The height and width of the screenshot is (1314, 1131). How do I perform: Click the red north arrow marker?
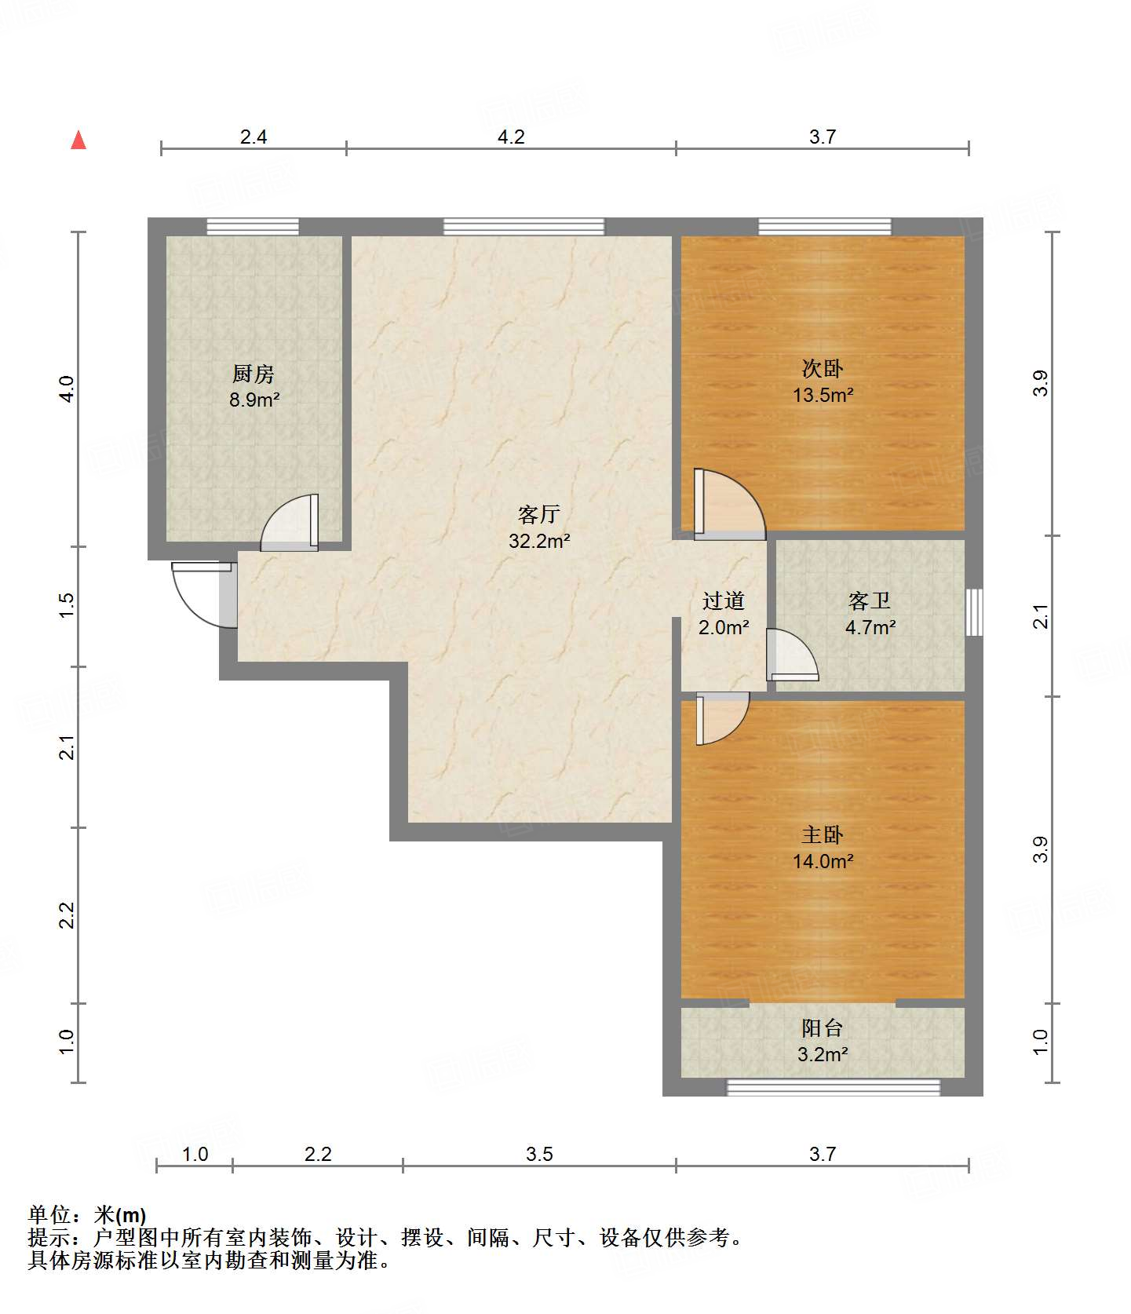(78, 140)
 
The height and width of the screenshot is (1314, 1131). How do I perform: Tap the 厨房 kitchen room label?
(254, 374)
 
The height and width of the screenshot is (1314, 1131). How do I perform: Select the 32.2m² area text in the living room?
(539, 541)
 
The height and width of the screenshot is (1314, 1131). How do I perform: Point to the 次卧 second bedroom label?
(823, 368)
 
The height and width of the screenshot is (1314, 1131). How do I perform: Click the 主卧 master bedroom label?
(823, 834)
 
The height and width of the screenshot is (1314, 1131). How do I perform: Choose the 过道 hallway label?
(724, 601)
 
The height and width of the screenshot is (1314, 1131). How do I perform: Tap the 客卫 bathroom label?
(870, 601)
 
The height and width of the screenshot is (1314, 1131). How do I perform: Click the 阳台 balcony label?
(823, 1027)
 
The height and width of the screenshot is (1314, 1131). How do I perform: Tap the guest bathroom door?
(792, 655)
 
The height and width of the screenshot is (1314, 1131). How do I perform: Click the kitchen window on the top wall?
(253, 227)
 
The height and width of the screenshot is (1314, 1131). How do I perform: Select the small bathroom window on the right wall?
(974, 612)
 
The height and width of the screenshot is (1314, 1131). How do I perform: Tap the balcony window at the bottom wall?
(834, 1087)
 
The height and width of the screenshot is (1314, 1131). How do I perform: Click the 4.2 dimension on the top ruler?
(511, 137)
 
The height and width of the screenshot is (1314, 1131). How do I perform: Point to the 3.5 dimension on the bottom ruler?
(539, 1154)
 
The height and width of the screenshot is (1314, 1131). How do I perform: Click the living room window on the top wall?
(524, 227)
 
